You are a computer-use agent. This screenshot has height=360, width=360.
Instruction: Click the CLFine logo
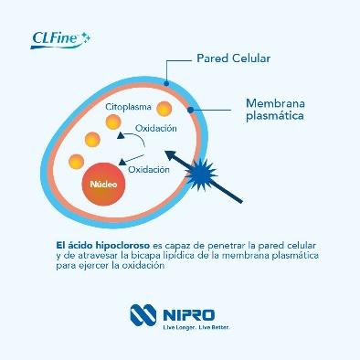point(60,40)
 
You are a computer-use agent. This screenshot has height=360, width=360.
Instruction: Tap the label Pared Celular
point(234,58)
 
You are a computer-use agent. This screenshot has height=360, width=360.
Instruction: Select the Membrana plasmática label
point(275,110)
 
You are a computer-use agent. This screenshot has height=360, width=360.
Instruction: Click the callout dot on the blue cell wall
point(166,83)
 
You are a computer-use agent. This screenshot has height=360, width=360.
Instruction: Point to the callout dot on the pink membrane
point(190,110)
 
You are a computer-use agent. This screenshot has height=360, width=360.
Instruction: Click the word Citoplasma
point(128,107)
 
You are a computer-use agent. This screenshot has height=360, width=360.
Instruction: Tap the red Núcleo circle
point(103,184)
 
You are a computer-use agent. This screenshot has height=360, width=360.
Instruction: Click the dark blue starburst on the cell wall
point(201,175)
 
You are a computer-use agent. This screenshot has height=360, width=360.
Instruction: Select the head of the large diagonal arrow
point(173,155)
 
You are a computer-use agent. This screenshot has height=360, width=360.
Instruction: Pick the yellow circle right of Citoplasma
point(164,109)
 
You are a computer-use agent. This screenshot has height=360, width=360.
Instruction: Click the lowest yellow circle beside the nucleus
point(77,162)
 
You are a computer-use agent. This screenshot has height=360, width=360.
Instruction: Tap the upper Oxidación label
point(156,128)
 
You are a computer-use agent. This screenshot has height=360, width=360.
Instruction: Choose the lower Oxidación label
point(149,169)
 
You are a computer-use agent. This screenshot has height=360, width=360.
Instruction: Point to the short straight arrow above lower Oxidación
point(132,160)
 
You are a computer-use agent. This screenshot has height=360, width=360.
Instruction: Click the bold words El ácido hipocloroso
point(103,245)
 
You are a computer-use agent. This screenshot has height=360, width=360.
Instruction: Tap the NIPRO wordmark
point(189,315)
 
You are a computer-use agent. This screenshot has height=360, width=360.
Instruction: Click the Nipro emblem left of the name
point(143,315)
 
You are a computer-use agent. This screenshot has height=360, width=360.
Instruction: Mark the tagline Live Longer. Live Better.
point(196,327)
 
